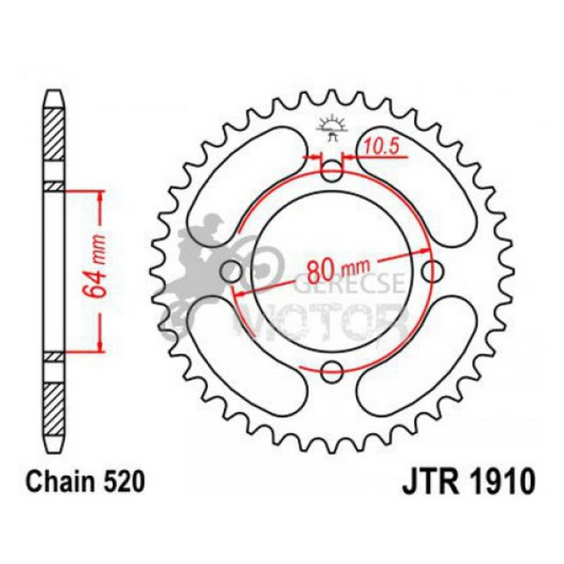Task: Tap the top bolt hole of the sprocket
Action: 332,174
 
